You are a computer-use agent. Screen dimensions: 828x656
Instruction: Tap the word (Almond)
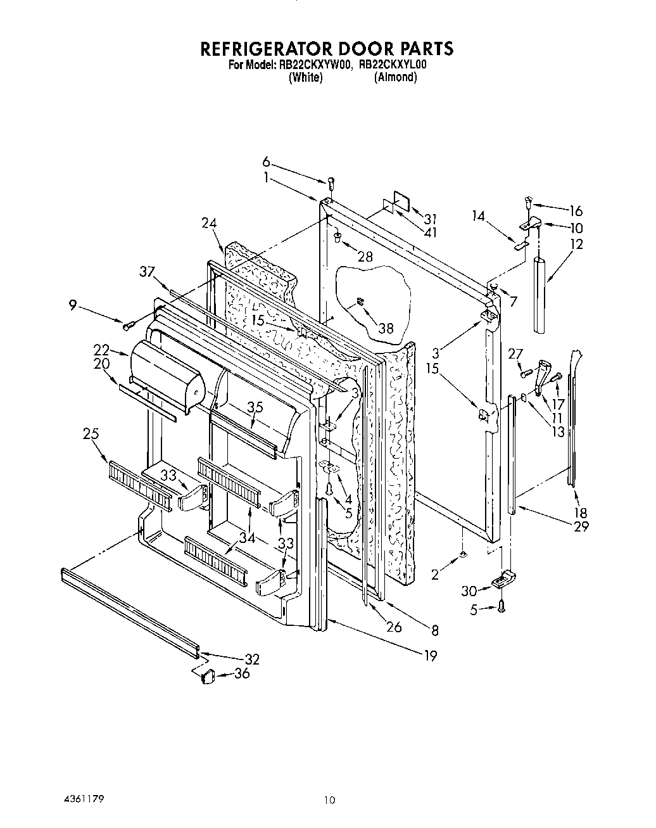pos(395,77)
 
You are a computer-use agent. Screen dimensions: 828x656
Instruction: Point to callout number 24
pos(210,223)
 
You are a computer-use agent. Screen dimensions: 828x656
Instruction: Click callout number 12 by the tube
pos(576,244)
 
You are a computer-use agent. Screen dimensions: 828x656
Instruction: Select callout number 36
pos(241,673)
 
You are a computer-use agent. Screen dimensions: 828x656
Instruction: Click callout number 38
pos(385,328)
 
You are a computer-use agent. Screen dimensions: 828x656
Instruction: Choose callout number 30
pos(469,590)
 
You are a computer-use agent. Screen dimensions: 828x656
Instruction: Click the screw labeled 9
pos(129,325)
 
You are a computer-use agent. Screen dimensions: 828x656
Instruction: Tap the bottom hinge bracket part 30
pos(503,578)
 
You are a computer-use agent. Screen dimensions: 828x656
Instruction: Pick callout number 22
pos(101,350)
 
